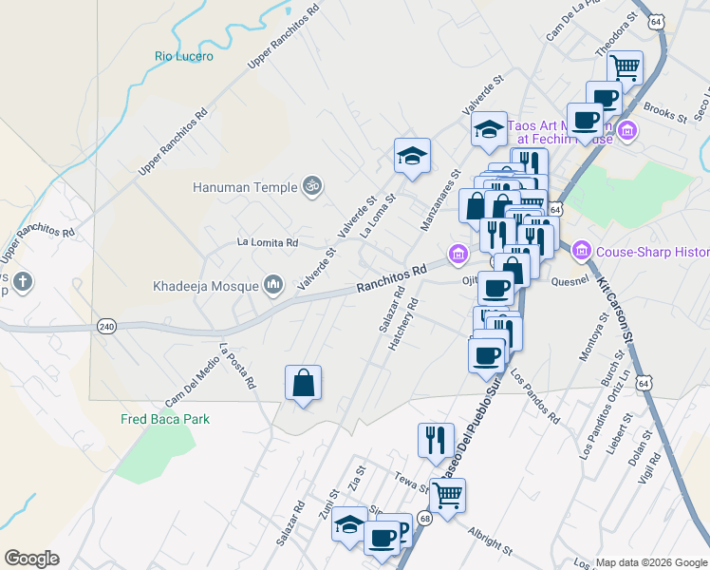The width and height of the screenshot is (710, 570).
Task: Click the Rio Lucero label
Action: pyautogui.click(x=184, y=56)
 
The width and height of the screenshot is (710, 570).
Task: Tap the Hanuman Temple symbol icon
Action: pyautogui.click(x=310, y=186)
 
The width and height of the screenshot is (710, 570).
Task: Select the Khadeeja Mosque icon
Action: pyautogui.click(x=273, y=284)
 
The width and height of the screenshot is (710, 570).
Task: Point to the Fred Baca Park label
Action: pyautogui.click(x=164, y=419)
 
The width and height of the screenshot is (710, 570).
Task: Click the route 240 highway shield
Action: pyautogui.click(x=106, y=327)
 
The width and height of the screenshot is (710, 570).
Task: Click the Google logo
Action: pyautogui.click(x=31, y=559)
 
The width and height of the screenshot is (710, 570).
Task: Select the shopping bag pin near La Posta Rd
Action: pyautogui.click(x=303, y=383)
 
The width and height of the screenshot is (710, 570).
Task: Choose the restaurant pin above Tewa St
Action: pyautogui.click(x=436, y=440)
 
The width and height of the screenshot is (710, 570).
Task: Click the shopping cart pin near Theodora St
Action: pyautogui.click(x=625, y=67)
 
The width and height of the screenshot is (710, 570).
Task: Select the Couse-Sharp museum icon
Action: pyautogui.click(x=583, y=252)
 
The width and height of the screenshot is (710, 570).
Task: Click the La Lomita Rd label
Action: pyautogui.click(x=268, y=242)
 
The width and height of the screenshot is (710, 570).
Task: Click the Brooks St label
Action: pyautogui.click(x=664, y=113)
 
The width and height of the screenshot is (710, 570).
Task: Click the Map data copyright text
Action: pyautogui.click(x=651, y=561)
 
